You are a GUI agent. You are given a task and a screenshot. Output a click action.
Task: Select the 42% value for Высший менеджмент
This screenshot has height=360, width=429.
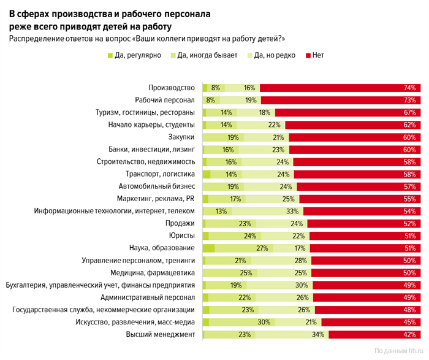point(409,335)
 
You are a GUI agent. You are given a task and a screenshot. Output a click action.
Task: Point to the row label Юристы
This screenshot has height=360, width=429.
point(181,236)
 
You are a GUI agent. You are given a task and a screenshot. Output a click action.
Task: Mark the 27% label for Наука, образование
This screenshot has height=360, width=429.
point(246,248)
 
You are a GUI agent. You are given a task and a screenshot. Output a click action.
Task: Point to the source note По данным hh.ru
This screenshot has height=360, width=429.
point(398,351)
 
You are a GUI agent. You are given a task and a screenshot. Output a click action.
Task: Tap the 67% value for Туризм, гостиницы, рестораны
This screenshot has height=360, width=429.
point(409,113)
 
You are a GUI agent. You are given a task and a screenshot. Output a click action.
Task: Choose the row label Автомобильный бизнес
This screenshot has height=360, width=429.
point(156,186)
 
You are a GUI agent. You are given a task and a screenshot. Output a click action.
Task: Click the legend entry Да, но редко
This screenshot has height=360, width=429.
point(273,56)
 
